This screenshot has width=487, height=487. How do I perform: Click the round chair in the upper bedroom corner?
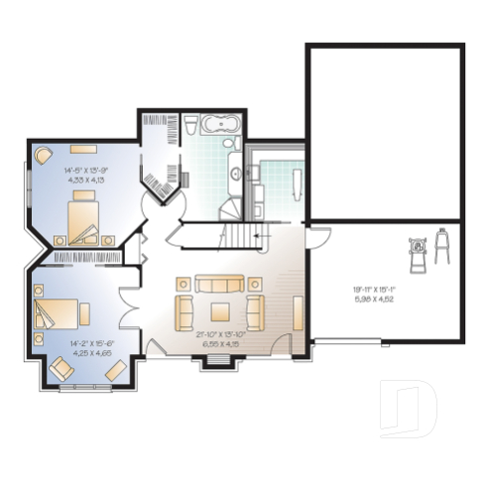click(x=44, y=156)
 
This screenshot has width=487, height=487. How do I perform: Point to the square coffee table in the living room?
click(x=216, y=308)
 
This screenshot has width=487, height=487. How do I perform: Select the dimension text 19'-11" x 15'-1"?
click(x=380, y=295)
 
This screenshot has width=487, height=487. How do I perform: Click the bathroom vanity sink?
click(x=234, y=174)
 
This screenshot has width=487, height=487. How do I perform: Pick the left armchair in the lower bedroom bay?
click(x=60, y=370)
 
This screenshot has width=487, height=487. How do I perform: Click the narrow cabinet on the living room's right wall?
click(x=297, y=311)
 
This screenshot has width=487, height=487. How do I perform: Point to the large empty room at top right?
click(x=384, y=132)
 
